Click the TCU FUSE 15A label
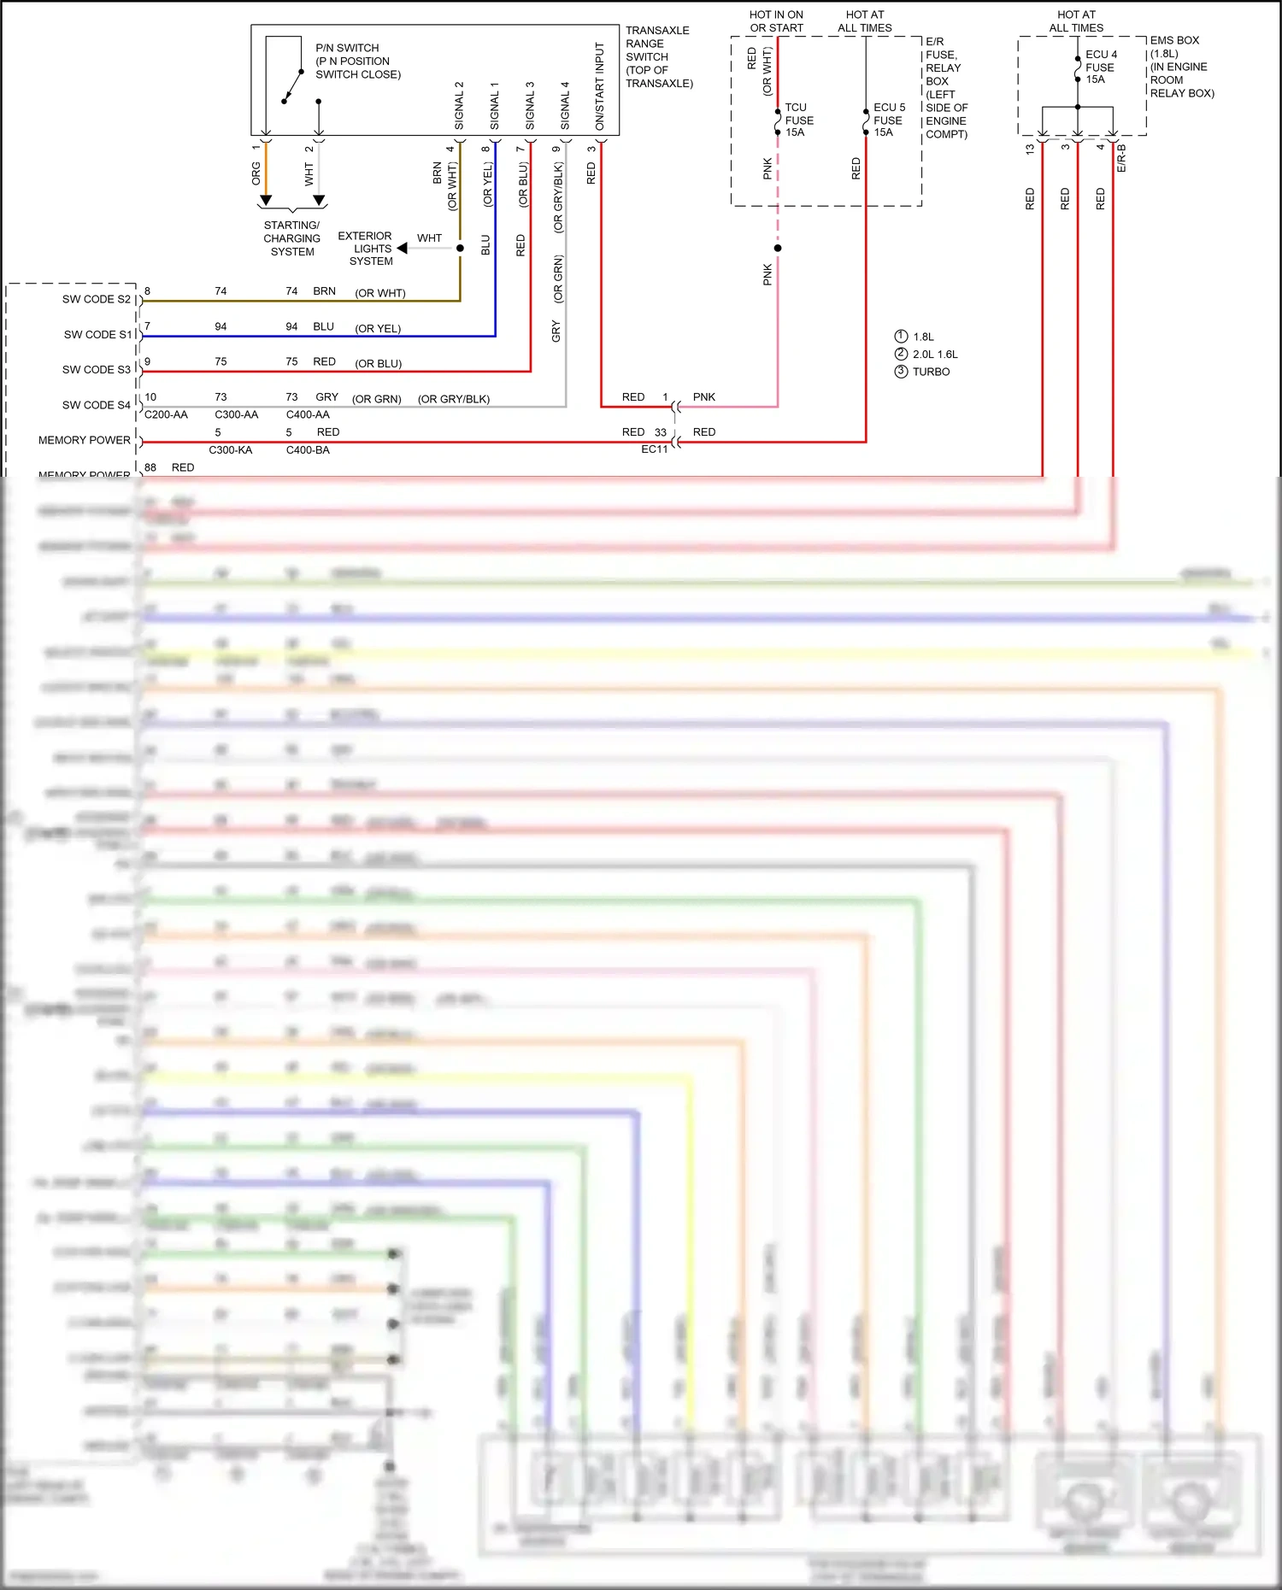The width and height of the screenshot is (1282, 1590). pos(798,120)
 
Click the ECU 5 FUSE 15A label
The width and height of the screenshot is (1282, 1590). pos(888,120)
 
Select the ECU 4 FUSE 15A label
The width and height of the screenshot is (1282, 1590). pos(1100,67)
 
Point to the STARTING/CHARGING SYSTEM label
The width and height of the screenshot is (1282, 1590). pos(291,238)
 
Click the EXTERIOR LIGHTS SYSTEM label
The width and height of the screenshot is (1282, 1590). pos(366,249)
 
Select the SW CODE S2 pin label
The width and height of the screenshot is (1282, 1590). pos(96,299)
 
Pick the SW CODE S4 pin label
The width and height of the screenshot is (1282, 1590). pos(96,405)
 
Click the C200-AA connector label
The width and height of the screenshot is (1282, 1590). pos(166,415)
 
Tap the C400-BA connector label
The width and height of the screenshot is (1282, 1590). pos(308,450)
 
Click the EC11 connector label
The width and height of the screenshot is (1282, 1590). pos(654,449)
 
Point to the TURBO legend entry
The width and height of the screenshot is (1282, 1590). pos(930,372)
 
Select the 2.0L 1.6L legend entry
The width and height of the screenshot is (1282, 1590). pos(934,355)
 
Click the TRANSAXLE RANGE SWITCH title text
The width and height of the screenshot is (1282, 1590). pos(658,56)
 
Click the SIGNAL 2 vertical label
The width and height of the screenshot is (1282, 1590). pos(459,106)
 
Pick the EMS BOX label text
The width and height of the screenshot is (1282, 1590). pos(1174,40)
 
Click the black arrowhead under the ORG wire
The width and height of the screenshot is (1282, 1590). pos(266,201)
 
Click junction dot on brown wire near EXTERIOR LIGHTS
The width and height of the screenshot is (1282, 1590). pos(460,249)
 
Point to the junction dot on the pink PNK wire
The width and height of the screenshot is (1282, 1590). pos(778,249)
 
